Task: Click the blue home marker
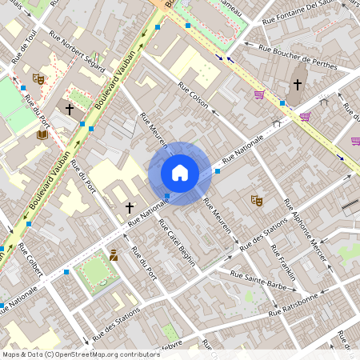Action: pos(180,172)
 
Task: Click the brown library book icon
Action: pos(42,135)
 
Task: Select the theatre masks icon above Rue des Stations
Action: pos(257,200)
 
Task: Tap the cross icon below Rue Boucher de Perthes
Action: pos(297,84)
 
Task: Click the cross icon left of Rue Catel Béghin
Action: pos(130,207)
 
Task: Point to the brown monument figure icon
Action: pos(114,255)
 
